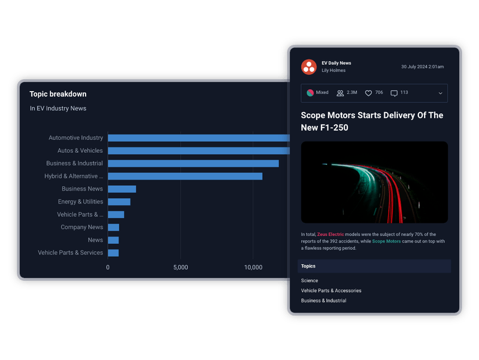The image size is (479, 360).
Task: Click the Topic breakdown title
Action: tap(58, 94)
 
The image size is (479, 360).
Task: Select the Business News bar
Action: tap(122, 189)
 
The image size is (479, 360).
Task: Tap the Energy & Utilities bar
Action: tap(119, 202)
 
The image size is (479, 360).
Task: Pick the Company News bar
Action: tap(114, 228)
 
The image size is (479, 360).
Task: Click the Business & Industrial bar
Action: tap(193, 164)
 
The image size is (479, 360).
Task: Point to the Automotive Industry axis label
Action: tap(75, 138)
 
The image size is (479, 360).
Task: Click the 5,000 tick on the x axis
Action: tap(180, 268)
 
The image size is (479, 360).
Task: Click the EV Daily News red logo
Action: tap(309, 66)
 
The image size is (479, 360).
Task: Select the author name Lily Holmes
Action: tap(334, 71)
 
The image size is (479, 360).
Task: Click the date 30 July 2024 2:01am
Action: tap(422, 66)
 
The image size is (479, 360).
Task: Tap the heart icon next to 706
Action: tap(369, 93)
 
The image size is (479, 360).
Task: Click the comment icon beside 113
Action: tap(394, 93)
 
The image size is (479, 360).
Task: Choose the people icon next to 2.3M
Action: tap(340, 93)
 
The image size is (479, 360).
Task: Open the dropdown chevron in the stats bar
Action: tap(441, 93)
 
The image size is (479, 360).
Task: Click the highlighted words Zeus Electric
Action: tap(331, 234)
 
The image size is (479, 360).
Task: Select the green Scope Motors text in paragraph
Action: tap(386, 241)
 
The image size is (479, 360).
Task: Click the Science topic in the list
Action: tap(310, 280)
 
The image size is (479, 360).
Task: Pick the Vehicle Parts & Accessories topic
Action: tap(331, 291)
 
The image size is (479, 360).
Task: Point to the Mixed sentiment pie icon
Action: tap(310, 93)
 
